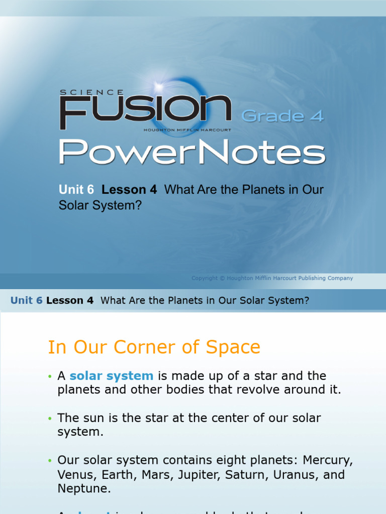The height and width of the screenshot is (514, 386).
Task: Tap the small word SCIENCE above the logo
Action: pos(91,92)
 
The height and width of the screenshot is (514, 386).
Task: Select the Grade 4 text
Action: pos(282,116)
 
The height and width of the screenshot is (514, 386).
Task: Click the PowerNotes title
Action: pos(192,152)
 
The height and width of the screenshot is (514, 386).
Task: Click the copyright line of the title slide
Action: pos(272,278)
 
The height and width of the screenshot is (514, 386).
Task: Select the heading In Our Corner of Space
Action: pos(154,347)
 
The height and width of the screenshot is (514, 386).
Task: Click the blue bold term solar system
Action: pos(111,375)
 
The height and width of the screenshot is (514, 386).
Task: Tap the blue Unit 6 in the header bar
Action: pos(27,301)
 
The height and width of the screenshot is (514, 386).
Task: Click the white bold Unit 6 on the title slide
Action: pos(76,190)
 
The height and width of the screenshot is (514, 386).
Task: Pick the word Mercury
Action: pos(327,460)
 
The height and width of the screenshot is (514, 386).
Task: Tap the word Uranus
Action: pos(302,474)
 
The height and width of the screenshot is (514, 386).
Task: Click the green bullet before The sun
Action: pos(50,419)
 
